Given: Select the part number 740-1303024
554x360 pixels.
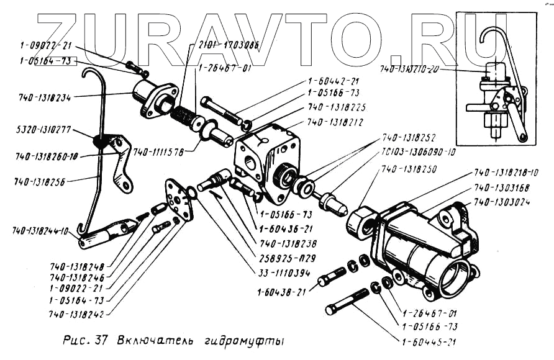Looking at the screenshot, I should pos(502,202).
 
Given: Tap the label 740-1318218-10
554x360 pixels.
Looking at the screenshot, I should pos(507,172).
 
